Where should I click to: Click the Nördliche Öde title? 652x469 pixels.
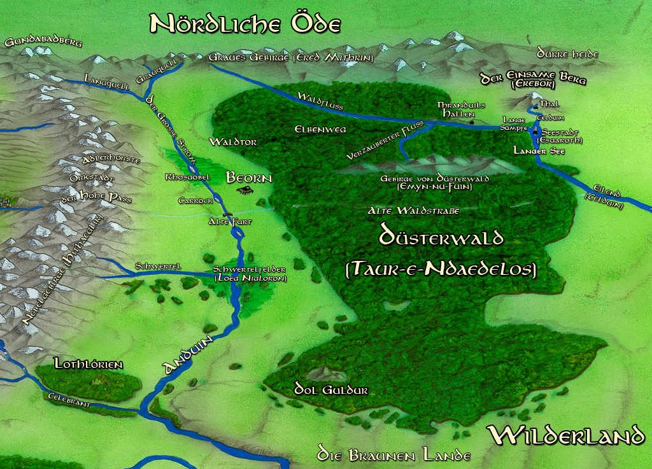point(245,24)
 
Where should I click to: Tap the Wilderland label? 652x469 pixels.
point(567,436)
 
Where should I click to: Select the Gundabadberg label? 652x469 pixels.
point(43,43)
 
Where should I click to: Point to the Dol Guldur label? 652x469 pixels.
point(330,389)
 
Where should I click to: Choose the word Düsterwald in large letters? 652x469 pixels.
point(441,236)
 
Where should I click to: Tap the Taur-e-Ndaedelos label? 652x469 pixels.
point(441,269)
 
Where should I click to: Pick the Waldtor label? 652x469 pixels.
point(233,142)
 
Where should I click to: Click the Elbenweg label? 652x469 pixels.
point(320,129)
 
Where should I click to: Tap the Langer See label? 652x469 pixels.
point(535,151)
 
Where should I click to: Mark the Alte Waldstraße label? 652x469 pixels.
point(414,210)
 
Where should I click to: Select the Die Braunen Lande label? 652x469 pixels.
point(394,456)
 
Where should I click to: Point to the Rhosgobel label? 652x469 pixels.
point(187,177)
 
